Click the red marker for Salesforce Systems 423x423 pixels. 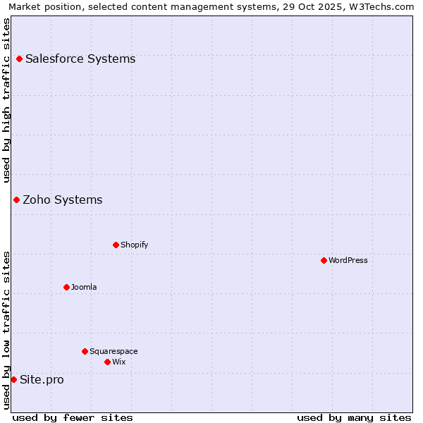(x=19, y=59)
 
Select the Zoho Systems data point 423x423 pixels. (x=16, y=200)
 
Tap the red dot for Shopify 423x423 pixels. (x=116, y=245)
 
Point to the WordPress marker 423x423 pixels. (x=324, y=261)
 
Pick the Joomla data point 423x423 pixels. (x=66, y=288)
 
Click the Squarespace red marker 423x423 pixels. (x=85, y=352)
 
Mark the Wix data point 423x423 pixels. (x=107, y=362)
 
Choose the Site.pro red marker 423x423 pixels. (x=13, y=380)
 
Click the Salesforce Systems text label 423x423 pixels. (x=80, y=59)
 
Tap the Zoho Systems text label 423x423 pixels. (x=63, y=200)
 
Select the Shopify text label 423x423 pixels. (x=134, y=245)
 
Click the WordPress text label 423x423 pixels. (x=348, y=261)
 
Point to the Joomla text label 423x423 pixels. (x=84, y=288)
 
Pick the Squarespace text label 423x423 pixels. (x=114, y=352)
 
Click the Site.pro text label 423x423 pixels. (x=42, y=380)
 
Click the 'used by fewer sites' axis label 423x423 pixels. (x=73, y=418)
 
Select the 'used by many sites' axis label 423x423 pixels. (x=354, y=418)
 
